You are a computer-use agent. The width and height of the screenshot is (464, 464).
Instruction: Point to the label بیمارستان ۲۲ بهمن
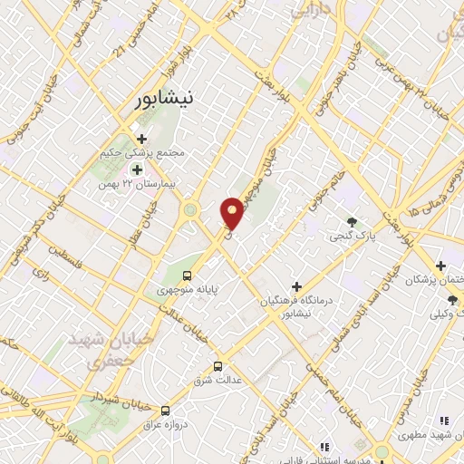click(x=135, y=184)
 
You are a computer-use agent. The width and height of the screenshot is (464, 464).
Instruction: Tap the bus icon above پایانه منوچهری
click(x=188, y=275)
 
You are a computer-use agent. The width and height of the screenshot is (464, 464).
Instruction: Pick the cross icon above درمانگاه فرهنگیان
click(x=295, y=286)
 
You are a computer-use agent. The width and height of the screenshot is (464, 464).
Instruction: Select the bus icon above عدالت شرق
click(x=217, y=366)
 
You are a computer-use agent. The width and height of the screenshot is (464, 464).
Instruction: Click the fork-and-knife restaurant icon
click(x=443, y=420)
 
